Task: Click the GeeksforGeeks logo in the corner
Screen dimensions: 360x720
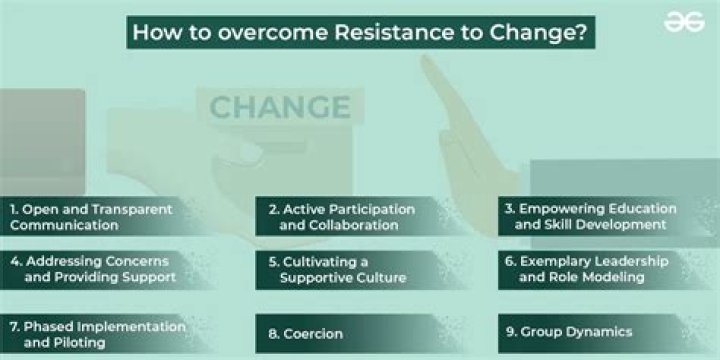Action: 684,21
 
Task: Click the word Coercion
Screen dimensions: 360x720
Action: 317,333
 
